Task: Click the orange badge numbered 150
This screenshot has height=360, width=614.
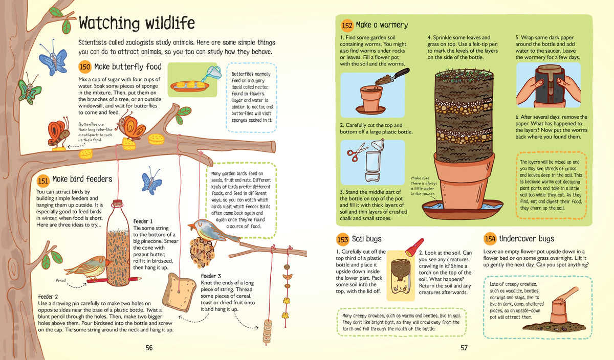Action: (x=85, y=67)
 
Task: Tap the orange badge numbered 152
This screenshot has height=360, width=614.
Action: (x=347, y=26)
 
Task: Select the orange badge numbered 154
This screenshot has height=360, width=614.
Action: (x=490, y=239)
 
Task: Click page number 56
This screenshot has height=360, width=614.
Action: (x=149, y=348)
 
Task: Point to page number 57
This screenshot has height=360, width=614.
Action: (x=464, y=348)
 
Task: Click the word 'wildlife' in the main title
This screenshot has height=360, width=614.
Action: (x=170, y=23)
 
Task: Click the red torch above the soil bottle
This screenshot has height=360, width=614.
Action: (x=414, y=247)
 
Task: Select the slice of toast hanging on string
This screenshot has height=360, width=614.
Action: (x=180, y=292)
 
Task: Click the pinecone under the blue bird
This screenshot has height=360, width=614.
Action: (x=202, y=252)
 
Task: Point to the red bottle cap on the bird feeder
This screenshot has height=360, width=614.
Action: (x=118, y=203)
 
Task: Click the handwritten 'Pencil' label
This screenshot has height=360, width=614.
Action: (x=61, y=281)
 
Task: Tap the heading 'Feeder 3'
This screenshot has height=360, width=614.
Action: (x=211, y=276)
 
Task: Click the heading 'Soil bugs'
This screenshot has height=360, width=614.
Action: (x=366, y=239)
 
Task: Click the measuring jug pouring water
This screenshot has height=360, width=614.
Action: (x=214, y=72)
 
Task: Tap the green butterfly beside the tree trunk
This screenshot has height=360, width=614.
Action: (x=29, y=91)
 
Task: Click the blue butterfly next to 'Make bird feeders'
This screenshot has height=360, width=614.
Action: (x=151, y=181)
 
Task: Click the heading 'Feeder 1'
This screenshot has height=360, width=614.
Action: (x=143, y=221)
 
